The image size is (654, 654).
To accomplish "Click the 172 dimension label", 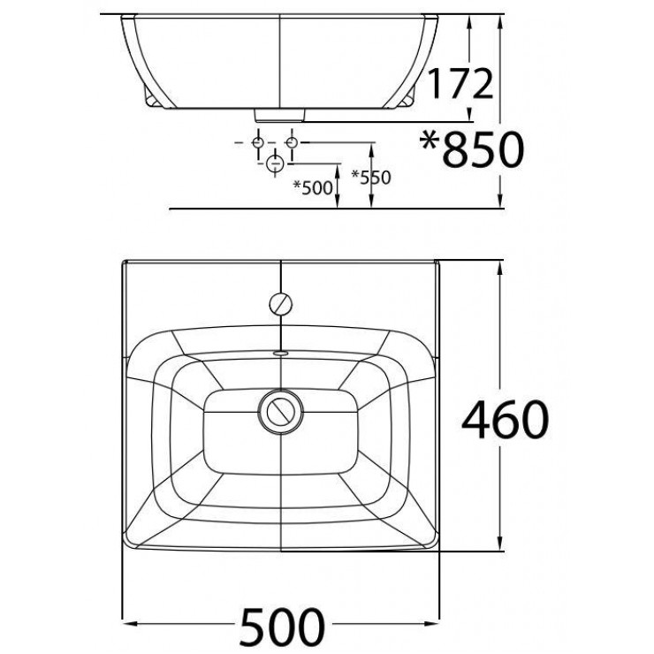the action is click(x=460, y=84).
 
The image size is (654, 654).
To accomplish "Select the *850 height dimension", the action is click(x=471, y=149).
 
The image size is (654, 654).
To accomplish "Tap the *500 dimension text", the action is click(x=313, y=187).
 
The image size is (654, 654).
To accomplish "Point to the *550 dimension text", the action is click(x=371, y=178).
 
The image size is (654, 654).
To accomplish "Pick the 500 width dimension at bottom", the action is click(x=283, y=627).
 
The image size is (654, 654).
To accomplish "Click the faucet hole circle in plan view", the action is click(x=281, y=304).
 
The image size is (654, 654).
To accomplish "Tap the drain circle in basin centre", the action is click(x=281, y=411).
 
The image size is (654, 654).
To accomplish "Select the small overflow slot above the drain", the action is click(x=281, y=353).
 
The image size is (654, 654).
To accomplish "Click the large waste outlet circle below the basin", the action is click(x=275, y=163).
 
